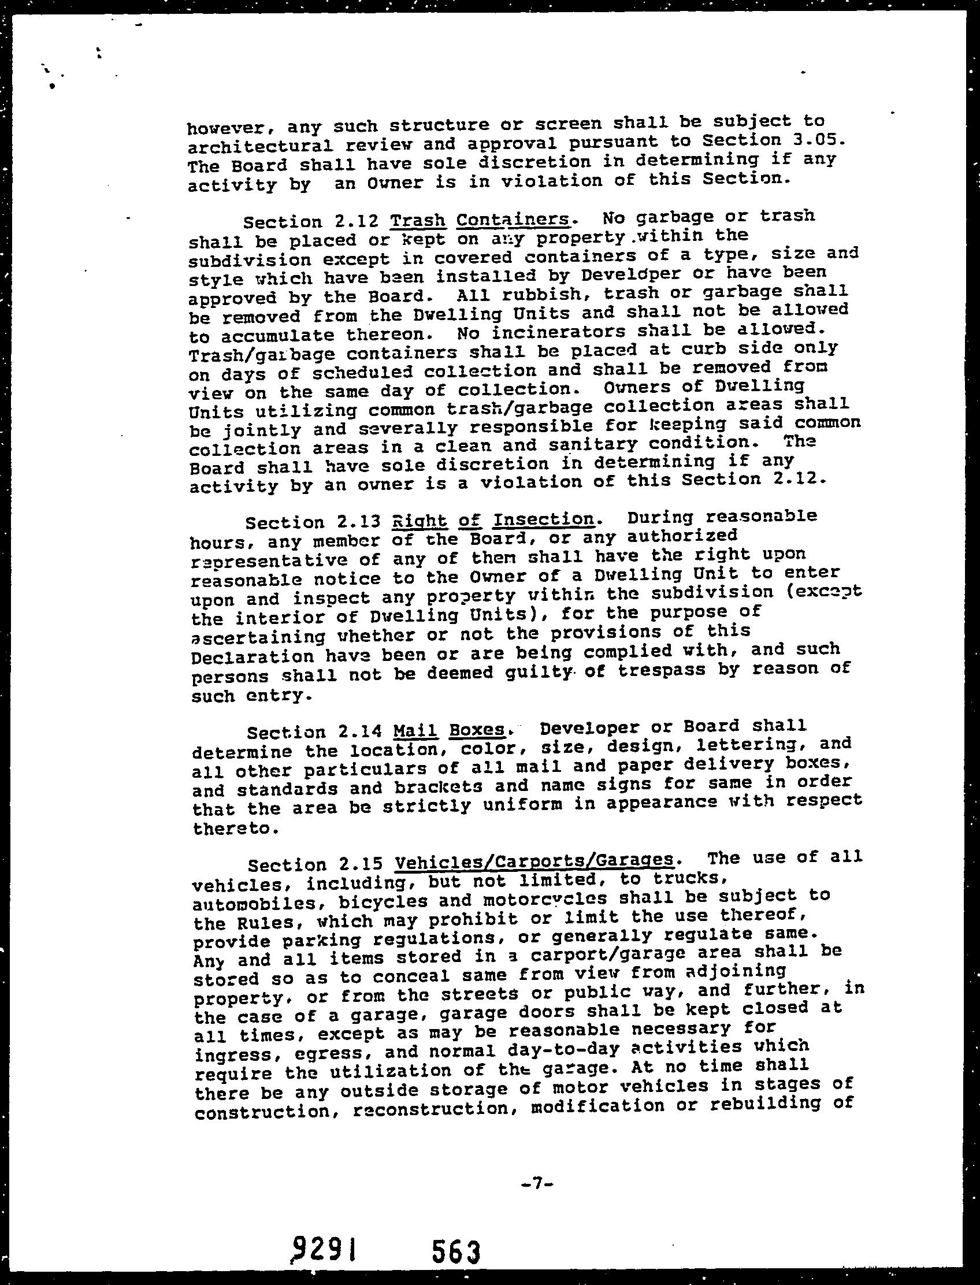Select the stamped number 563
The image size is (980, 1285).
tap(456, 1251)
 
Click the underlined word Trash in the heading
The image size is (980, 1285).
tap(418, 221)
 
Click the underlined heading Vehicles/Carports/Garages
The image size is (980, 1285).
tap(534, 861)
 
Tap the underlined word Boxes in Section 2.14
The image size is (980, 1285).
tap(477, 730)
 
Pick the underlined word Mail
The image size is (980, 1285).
tap(415, 731)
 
